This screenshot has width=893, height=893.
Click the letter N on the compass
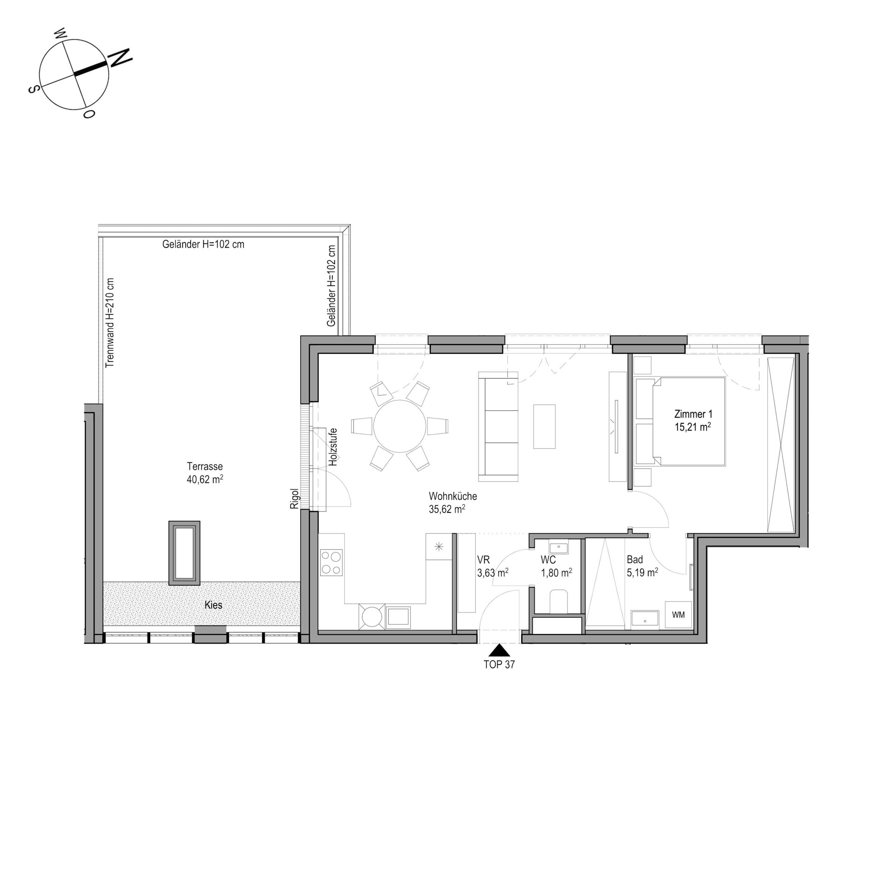click(x=120, y=57)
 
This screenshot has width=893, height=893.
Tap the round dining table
click(x=400, y=426)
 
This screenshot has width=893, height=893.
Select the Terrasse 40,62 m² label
click(x=205, y=473)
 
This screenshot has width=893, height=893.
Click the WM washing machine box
click(x=678, y=615)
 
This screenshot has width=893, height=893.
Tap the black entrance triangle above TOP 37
click(x=499, y=650)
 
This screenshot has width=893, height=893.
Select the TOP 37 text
click(x=499, y=665)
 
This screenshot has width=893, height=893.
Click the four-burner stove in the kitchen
click(x=331, y=563)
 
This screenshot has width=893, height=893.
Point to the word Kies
click(x=213, y=605)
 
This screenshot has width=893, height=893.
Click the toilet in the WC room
click(x=558, y=602)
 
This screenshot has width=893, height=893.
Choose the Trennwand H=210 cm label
click(x=110, y=323)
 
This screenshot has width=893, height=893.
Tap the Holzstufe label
click(x=333, y=447)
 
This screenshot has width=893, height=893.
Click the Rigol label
click(x=294, y=498)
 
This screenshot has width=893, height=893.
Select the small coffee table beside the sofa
click(x=544, y=427)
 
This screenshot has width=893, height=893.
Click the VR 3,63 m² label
click(x=492, y=566)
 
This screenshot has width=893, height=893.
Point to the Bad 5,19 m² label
click(x=642, y=566)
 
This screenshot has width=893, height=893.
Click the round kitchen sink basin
click(x=372, y=617)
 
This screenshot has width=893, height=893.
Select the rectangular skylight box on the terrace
click(x=184, y=553)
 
